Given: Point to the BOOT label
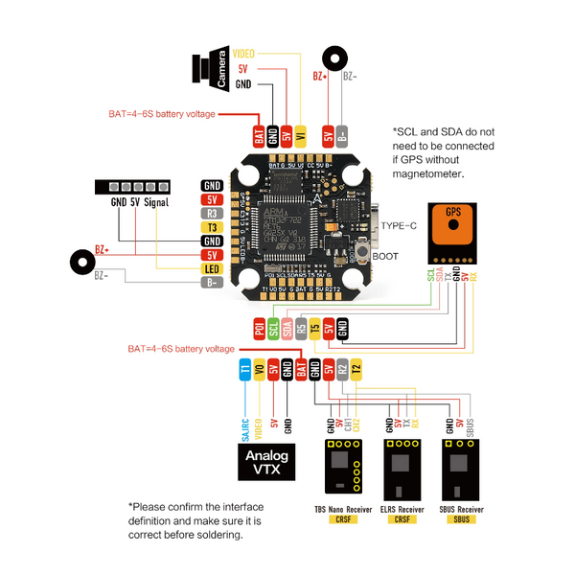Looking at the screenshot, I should point(385,256).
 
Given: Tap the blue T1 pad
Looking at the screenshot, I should point(245,369).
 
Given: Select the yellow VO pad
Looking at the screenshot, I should point(259,369).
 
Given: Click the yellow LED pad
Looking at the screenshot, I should point(212,269).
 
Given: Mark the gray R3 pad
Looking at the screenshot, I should point(212,213).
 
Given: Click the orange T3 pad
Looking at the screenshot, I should point(212,227).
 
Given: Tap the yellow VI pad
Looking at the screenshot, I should point(300,136).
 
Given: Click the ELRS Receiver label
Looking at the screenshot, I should point(402,509).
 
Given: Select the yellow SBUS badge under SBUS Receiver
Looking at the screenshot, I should point(462,519).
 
